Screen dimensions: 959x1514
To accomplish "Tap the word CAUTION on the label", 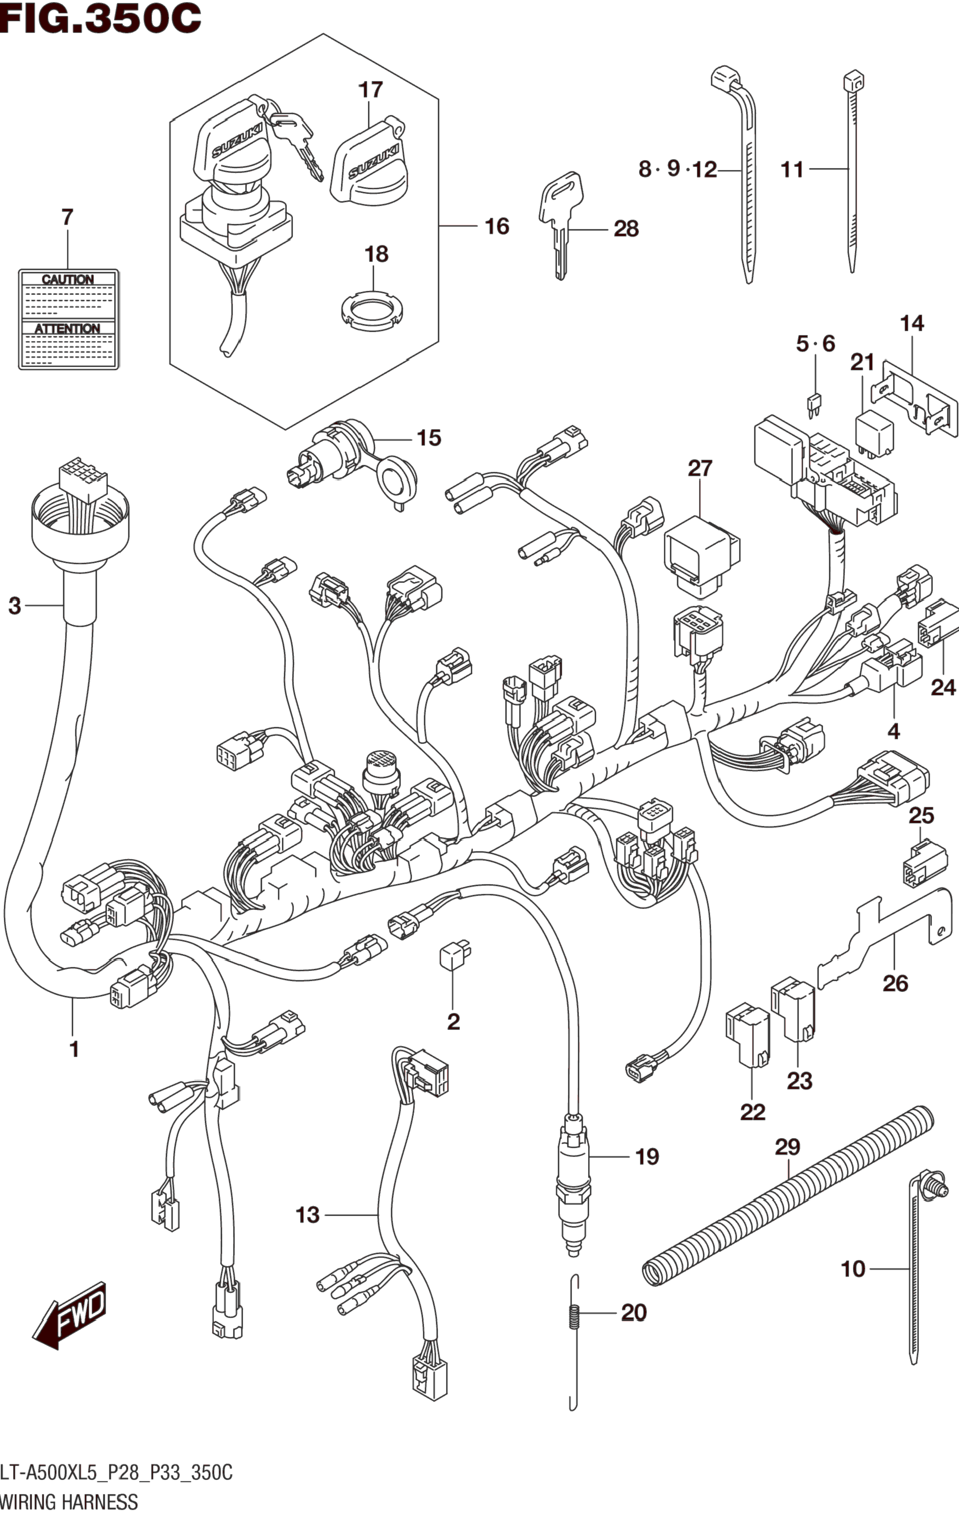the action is click(x=67, y=279).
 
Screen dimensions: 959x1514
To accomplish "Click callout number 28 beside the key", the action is click(x=626, y=228).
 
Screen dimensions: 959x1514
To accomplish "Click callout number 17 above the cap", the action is click(x=371, y=89).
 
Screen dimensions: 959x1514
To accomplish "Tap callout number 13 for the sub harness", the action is click(x=308, y=1215).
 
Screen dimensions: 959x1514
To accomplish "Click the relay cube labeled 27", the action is click(x=702, y=556).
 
